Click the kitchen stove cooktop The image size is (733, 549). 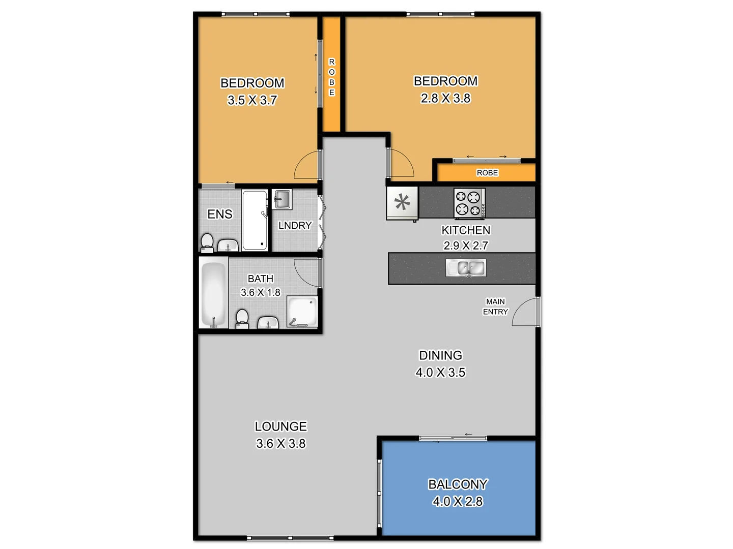469,203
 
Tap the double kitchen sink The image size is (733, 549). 466,268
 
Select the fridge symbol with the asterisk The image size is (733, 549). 402,203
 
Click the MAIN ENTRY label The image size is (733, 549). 495,307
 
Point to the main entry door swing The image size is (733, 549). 525,312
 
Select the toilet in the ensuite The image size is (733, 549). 207,242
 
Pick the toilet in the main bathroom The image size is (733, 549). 242,318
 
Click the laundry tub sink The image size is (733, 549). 281,199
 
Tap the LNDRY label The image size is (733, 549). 295,225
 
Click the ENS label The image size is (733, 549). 220,214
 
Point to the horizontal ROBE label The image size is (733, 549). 487,173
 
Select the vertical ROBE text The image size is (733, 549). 332,77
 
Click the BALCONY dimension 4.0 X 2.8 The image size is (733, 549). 458,501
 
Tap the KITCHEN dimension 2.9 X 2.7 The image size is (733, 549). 466,245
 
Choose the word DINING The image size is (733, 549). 440,355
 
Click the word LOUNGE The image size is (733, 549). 281,426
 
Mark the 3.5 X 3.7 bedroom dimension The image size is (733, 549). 252,100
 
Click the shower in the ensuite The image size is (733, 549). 255,220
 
